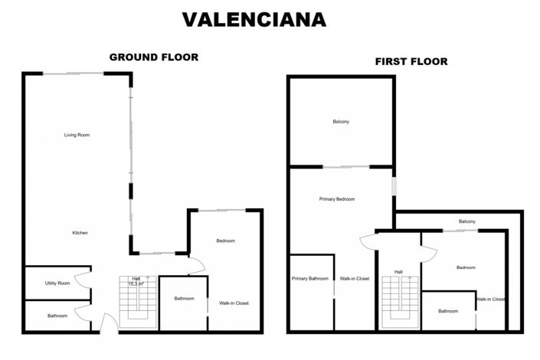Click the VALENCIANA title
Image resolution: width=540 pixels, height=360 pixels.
(253, 20)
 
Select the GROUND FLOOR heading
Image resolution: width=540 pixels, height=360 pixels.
(154, 57)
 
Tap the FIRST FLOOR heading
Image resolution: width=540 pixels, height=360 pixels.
(411, 61)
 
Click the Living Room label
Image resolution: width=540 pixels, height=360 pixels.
(77, 135)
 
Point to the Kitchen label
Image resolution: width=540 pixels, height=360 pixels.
(80, 233)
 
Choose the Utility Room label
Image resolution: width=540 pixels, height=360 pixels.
(57, 283)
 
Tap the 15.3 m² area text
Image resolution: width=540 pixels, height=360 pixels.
(136, 284)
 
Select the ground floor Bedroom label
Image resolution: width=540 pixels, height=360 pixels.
(225, 241)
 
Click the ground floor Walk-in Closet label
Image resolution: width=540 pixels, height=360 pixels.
(234, 303)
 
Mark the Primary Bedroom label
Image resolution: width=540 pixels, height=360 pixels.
(337, 199)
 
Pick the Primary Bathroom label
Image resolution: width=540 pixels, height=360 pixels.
(310, 279)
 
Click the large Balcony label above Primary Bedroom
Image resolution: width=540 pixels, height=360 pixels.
(341, 123)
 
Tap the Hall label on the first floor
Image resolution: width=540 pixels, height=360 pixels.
(398, 271)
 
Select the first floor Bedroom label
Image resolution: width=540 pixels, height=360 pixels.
(466, 267)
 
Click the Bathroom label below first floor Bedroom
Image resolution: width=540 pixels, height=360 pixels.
(448, 311)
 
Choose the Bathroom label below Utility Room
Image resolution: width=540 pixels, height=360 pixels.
(57, 316)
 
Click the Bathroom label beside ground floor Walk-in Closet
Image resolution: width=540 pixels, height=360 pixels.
(184, 299)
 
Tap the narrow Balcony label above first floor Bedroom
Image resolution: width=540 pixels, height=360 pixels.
(467, 222)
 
